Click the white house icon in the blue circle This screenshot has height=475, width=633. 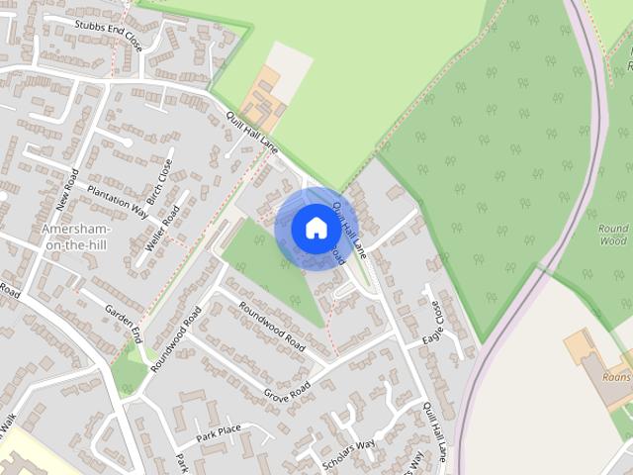(316, 228)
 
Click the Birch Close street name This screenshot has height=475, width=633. (158, 179)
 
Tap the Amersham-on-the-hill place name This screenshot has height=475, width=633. (77, 237)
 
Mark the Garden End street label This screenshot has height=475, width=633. (125, 319)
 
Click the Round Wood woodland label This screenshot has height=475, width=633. (613, 235)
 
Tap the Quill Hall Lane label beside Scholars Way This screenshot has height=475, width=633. (436, 436)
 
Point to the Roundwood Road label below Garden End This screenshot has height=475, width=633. (175, 339)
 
